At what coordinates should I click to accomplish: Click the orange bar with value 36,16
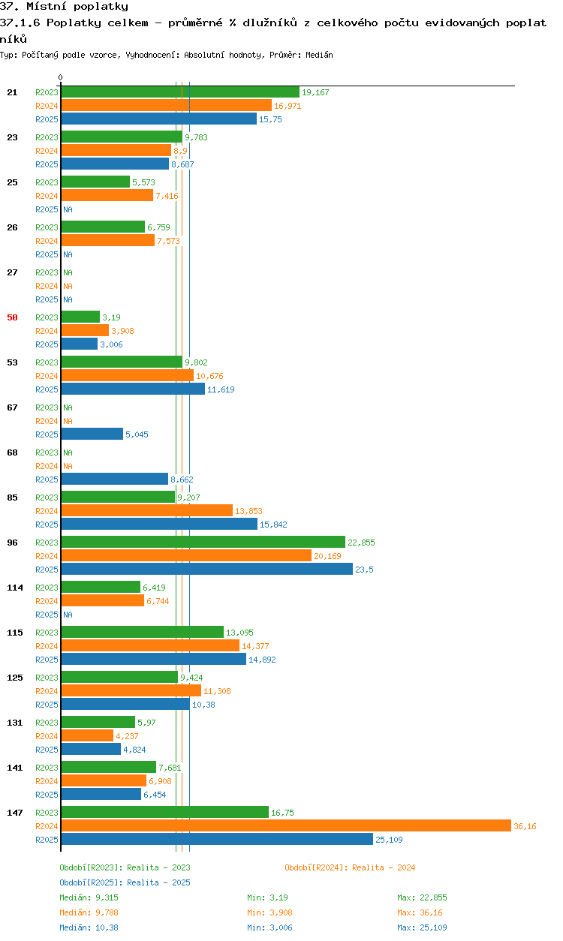[x=286, y=825]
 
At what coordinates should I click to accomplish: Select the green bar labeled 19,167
[x=180, y=92]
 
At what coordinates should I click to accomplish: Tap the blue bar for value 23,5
[x=207, y=569]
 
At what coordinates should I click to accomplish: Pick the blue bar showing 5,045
[x=92, y=434]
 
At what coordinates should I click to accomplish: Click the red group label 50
[x=12, y=317]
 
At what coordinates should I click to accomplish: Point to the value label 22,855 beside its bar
[x=361, y=543]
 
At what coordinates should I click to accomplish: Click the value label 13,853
[x=248, y=511]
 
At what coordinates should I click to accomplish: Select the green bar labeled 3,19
[x=80, y=317]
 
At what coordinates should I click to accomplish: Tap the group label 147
[x=15, y=813]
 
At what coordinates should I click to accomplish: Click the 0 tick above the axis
[x=61, y=77]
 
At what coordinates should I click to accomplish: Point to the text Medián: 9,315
[x=89, y=897]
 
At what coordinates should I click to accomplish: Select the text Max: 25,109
[x=422, y=927]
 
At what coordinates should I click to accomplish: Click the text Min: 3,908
[x=269, y=912]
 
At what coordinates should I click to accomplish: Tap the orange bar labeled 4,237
[x=87, y=735]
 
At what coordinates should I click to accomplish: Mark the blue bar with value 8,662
[x=115, y=479]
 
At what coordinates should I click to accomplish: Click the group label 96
[x=12, y=543]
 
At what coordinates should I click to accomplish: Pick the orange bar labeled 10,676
[x=128, y=375]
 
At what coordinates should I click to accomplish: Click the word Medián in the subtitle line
[x=319, y=55]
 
